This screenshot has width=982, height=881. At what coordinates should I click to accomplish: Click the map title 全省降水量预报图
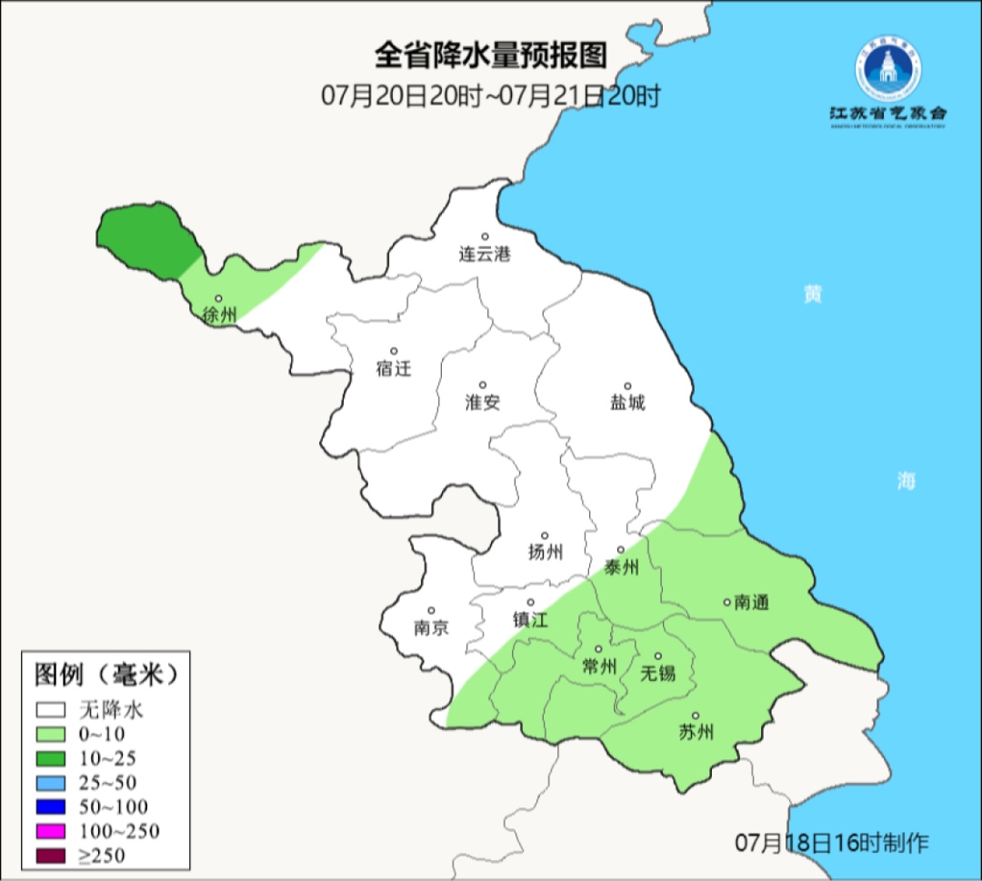point(490,56)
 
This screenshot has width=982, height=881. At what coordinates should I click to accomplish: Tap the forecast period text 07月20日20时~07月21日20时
point(490,95)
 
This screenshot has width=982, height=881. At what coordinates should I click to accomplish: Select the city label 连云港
point(485,255)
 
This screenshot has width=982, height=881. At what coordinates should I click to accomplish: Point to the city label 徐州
point(219,315)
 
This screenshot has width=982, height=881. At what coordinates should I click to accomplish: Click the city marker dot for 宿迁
point(394,351)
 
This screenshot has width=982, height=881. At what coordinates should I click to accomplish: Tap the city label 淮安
point(483,403)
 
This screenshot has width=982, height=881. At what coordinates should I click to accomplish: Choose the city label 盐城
point(626,403)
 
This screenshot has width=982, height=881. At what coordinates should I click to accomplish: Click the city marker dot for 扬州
point(545,536)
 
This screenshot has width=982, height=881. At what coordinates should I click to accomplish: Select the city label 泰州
point(621,568)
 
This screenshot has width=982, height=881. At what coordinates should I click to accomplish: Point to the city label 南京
point(430,628)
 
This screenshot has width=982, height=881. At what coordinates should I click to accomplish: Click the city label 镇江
point(530,620)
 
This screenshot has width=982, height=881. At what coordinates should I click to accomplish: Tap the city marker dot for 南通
point(726,601)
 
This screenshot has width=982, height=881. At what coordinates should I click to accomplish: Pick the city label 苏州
point(696,733)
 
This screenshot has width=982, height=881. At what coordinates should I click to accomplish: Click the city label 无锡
point(658,674)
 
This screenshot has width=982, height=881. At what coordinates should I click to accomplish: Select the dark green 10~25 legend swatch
point(51,758)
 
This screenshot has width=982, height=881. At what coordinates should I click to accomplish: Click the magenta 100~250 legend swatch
point(51,831)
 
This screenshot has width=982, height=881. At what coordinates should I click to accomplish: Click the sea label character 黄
point(812,295)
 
